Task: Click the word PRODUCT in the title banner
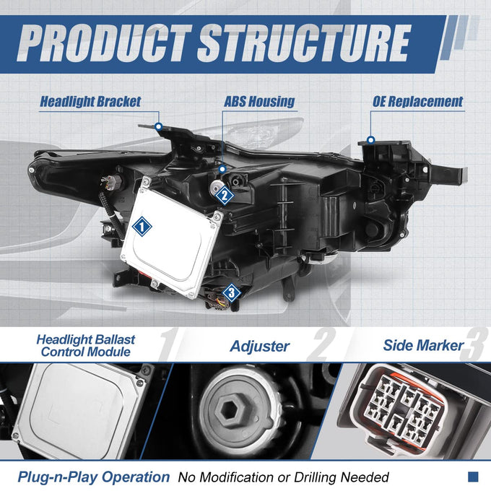click(x=104, y=43)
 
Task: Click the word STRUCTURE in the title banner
click(x=304, y=43)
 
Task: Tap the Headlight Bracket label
click(x=90, y=102)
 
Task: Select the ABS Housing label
click(x=259, y=102)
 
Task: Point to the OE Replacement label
click(x=417, y=102)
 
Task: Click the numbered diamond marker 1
click(x=142, y=226)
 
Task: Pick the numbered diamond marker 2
click(x=225, y=196)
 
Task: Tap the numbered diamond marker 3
click(x=231, y=293)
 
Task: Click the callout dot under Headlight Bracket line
click(x=159, y=126)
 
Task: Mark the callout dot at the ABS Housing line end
click(x=222, y=169)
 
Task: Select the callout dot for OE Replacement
click(x=371, y=139)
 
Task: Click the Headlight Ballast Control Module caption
click(x=85, y=346)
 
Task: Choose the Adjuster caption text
click(x=260, y=346)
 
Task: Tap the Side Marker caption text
click(x=423, y=345)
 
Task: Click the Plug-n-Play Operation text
click(x=94, y=477)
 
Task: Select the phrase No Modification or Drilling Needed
click(x=283, y=477)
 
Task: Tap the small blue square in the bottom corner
click(x=473, y=477)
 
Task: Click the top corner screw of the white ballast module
click(x=147, y=181)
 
